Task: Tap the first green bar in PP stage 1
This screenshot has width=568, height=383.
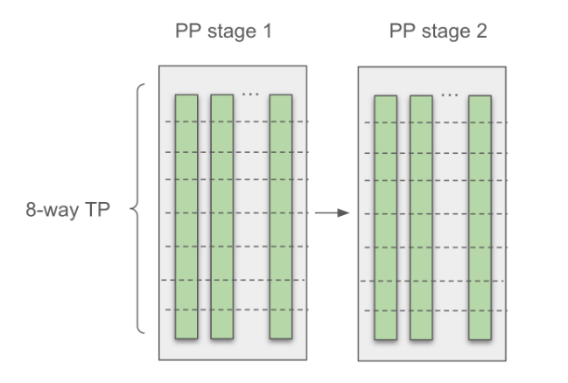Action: tap(186, 216)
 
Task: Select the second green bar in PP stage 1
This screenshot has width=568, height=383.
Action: tap(221, 216)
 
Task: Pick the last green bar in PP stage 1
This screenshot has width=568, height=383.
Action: tap(280, 216)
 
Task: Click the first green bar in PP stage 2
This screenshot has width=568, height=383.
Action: tap(386, 216)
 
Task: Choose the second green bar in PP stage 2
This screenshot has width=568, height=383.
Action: tap(421, 216)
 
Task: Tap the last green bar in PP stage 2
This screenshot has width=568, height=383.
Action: tap(479, 216)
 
